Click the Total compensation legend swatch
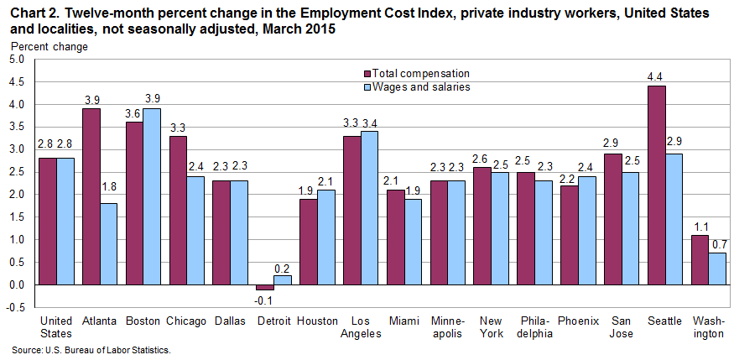coord(366,73)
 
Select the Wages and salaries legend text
coord(421,86)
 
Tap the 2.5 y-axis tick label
coord(16,172)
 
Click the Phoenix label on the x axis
coord(579,321)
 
